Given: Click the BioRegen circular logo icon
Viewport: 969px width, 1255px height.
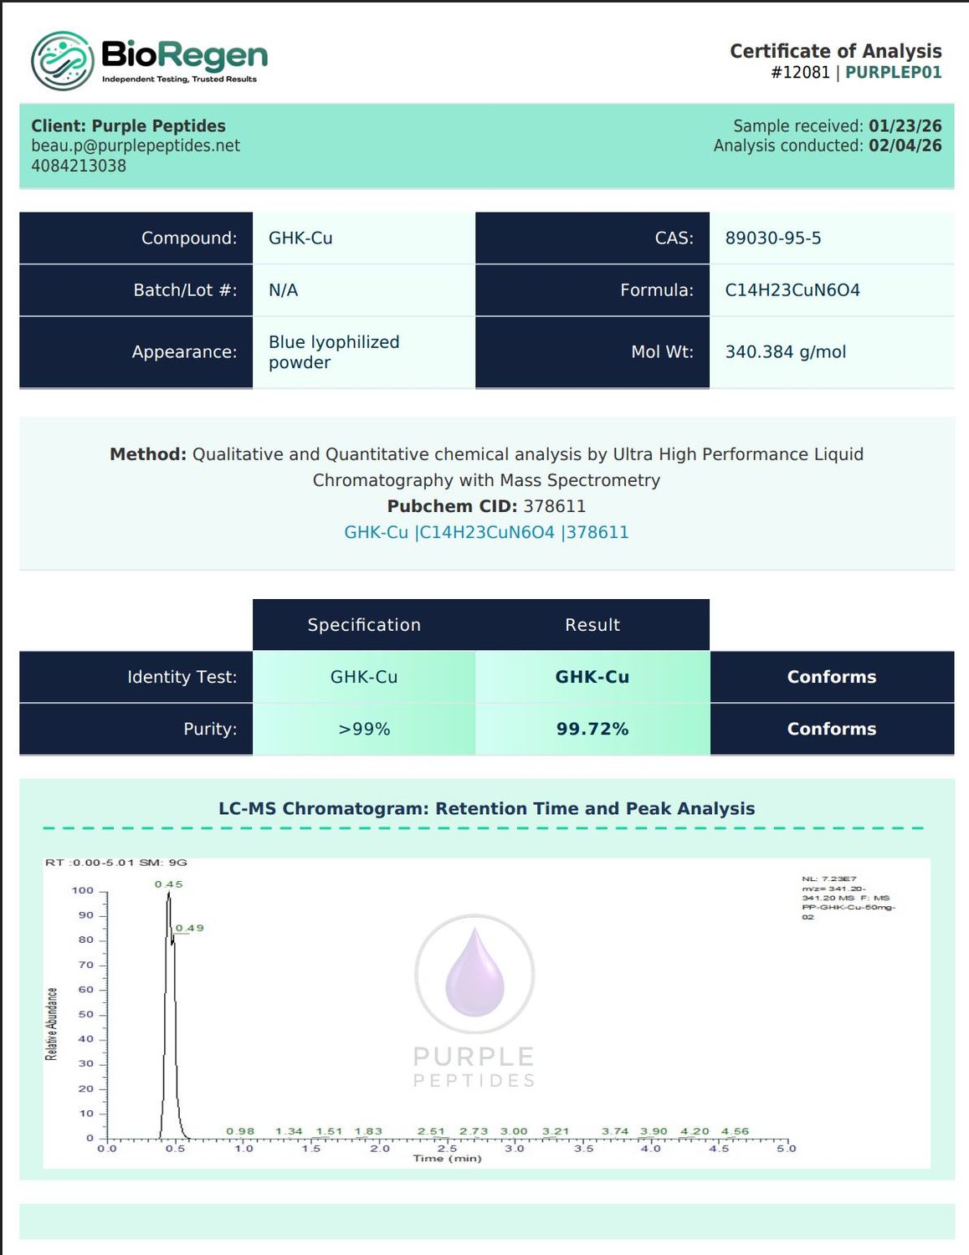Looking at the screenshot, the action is (x=63, y=60).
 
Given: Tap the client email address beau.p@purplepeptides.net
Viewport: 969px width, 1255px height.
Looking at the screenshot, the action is (x=136, y=146).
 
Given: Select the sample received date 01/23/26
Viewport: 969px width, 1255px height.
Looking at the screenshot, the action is (x=905, y=125).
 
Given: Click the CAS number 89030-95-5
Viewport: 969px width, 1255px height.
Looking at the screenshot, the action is (x=772, y=238).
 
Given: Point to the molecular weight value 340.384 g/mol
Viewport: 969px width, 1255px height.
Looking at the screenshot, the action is (x=786, y=351).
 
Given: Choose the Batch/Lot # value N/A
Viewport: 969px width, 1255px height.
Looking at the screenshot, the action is (x=283, y=290).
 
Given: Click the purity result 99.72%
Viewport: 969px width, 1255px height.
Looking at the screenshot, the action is (x=592, y=729).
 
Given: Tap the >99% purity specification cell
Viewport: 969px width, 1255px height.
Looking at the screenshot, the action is (x=364, y=729).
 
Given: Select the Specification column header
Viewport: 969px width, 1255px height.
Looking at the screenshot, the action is (x=364, y=625).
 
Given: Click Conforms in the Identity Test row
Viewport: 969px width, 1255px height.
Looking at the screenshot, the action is (x=832, y=677).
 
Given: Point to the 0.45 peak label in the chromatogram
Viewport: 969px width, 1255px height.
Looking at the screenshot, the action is (x=169, y=884).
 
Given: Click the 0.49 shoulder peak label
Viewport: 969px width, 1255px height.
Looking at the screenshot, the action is (x=189, y=928).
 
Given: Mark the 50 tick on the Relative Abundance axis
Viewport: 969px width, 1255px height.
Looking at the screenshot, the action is (x=85, y=1015).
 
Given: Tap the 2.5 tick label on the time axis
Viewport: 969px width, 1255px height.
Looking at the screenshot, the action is (x=447, y=1149).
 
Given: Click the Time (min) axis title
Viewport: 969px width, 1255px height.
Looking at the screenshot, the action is (x=447, y=1158).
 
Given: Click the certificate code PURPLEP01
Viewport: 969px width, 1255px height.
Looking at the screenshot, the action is (x=894, y=72).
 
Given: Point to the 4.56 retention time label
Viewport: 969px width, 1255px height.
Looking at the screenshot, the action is (x=735, y=1131).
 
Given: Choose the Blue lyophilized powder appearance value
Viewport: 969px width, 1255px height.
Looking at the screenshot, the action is (x=334, y=351).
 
